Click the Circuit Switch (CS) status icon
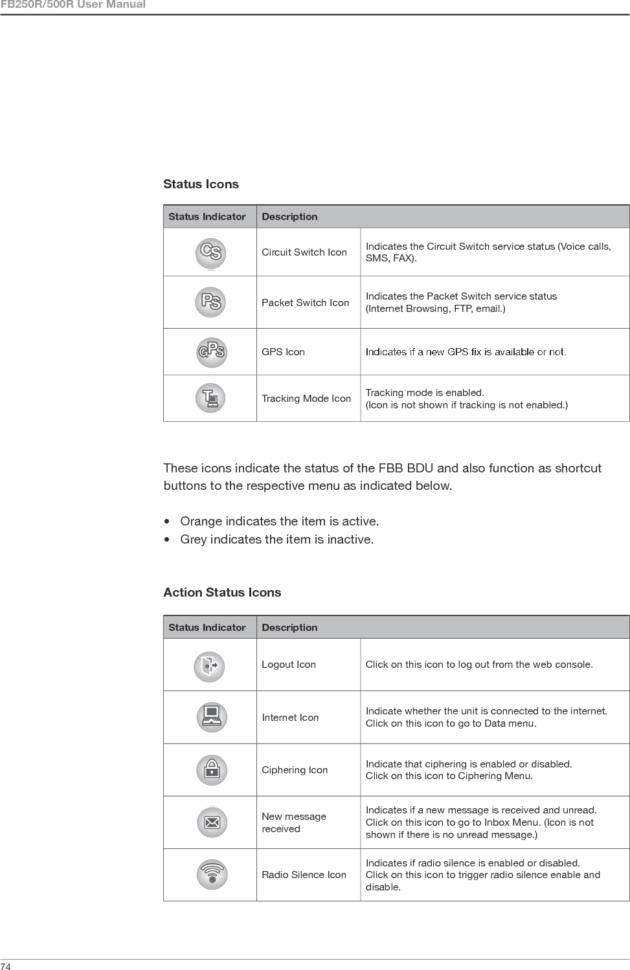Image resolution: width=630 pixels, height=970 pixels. point(210,252)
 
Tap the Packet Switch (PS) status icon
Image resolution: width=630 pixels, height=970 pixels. point(210,302)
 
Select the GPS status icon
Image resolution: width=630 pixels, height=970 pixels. point(211,352)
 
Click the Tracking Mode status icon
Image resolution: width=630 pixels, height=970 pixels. point(210,398)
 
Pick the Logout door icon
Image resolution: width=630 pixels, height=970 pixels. point(209,665)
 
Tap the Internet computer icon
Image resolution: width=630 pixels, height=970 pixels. point(212,717)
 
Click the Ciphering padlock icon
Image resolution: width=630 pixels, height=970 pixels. point(212,769)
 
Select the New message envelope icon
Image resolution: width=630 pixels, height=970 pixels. point(212,822)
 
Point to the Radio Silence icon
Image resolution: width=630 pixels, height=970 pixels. point(212,874)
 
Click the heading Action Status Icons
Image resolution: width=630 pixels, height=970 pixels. point(222,593)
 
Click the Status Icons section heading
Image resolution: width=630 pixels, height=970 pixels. point(201,184)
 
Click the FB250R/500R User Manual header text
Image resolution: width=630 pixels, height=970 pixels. point(73,5)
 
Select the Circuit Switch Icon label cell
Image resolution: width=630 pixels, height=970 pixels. point(304,252)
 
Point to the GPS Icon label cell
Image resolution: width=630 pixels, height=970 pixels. point(283,352)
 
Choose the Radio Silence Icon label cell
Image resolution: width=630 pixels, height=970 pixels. point(304,875)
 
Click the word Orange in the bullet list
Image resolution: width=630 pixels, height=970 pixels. point(199,522)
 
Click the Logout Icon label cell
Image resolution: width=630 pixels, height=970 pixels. point(289,665)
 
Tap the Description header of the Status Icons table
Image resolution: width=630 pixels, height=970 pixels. point(289,217)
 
